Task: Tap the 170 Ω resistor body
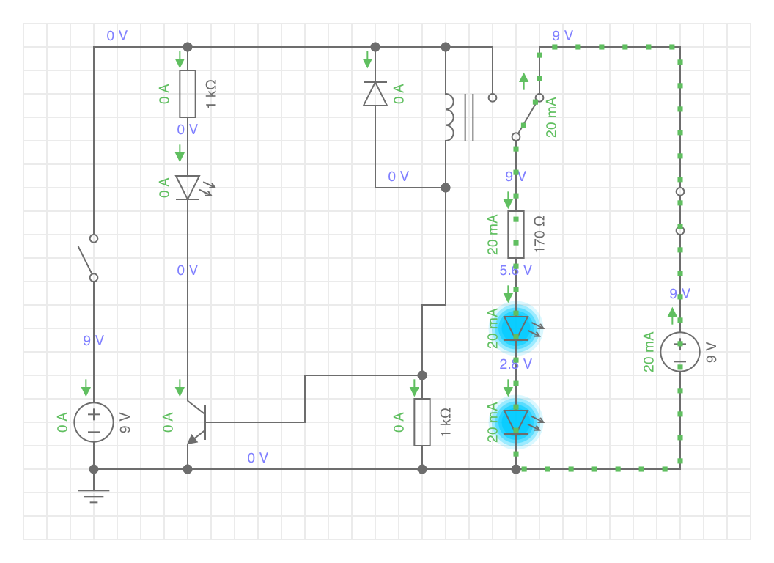tap(516, 234)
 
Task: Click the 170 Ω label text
tap(540, 234)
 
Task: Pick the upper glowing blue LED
tap(516, 327)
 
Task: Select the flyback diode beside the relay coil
tap(375, 94)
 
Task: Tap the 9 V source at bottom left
tap(94, 422)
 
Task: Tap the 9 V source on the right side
tap(680, 351)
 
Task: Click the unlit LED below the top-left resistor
tap(188, 188)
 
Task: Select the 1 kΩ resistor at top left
tap(188, 94)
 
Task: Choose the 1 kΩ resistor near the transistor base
tap(422, 422)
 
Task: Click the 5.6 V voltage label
tap(516, 271)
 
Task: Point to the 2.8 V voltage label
tap(516, 364)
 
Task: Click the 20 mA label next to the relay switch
tap(552, 117)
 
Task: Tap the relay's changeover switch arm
tap(528, 117)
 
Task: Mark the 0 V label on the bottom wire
tap(258, 458)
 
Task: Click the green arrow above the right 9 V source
tap(672, 315)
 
